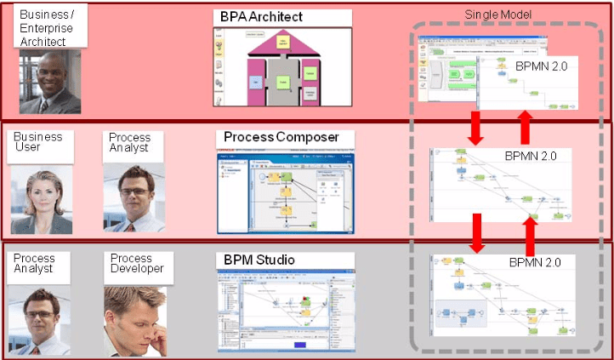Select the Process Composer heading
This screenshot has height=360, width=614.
(281, 136)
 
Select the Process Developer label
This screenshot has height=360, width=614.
(136, 263)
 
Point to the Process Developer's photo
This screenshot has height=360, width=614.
(134, 319)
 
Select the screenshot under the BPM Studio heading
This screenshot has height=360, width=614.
(281, 310)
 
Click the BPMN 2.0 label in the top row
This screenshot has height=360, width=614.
(540, 65)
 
